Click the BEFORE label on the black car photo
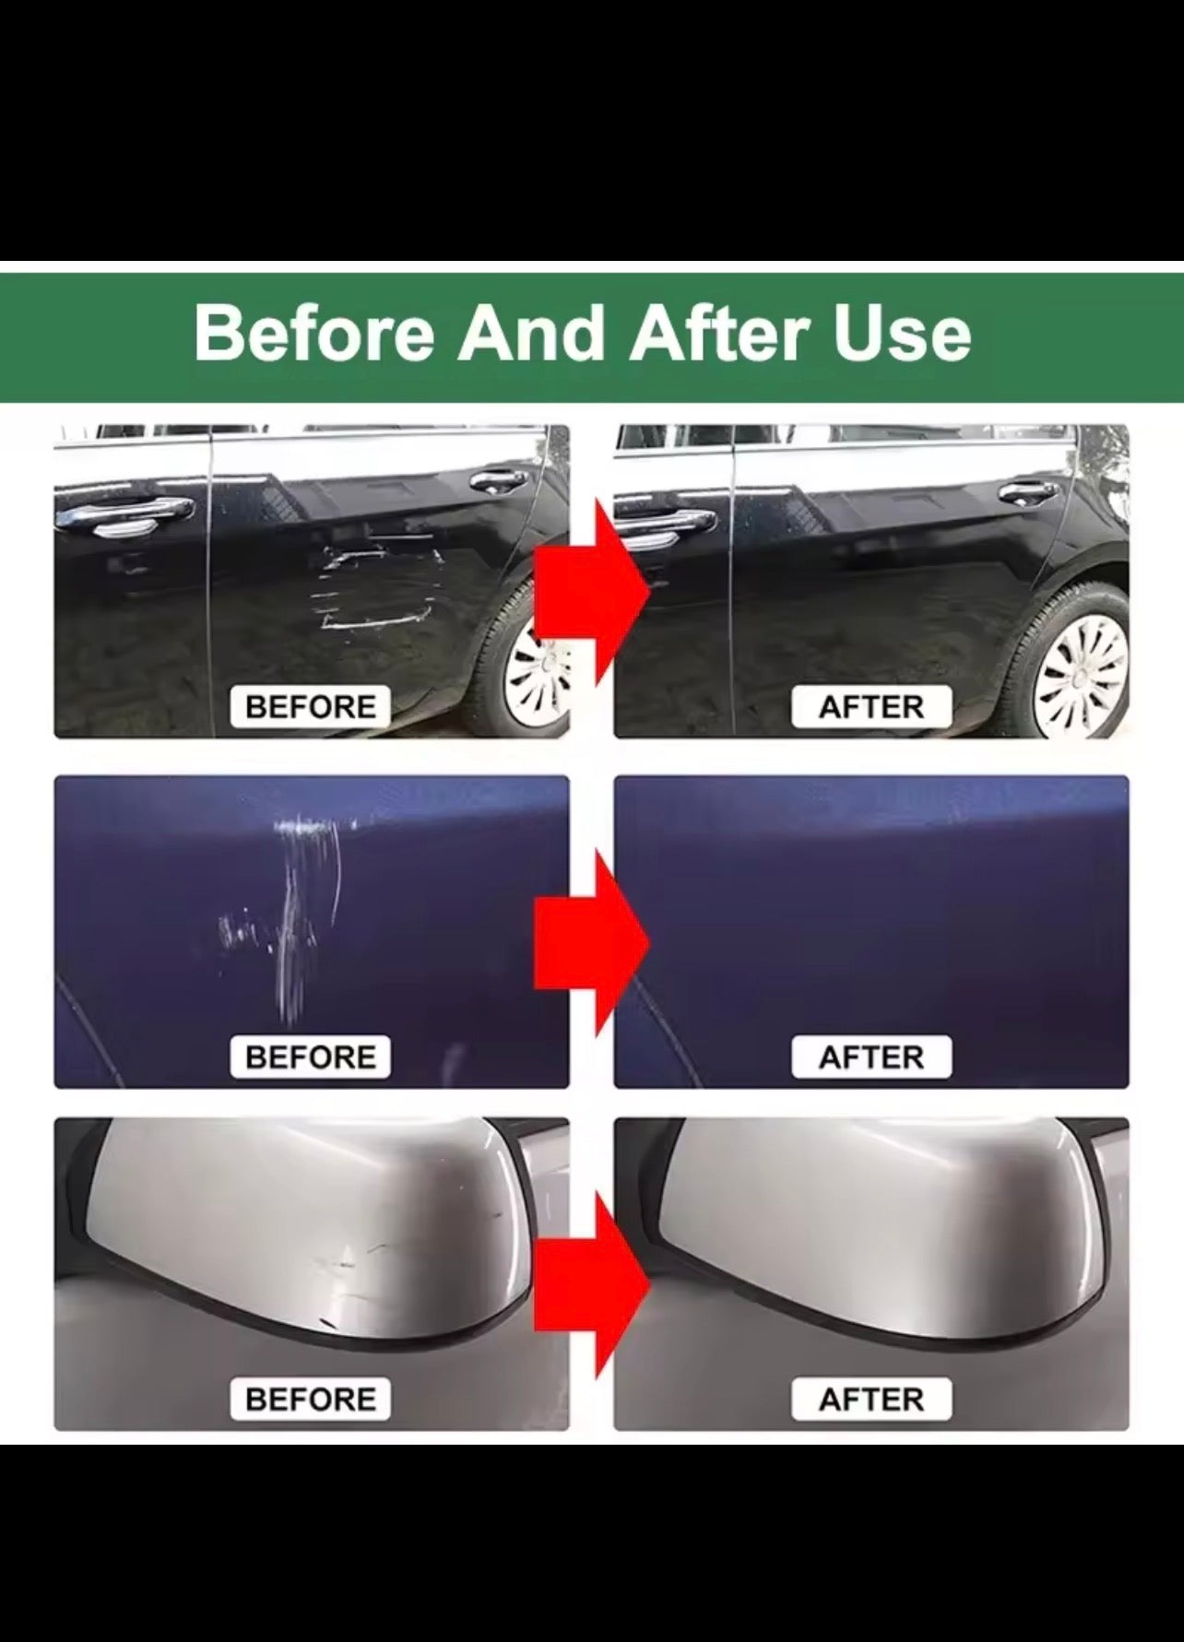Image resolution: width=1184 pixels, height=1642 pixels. (311, 707)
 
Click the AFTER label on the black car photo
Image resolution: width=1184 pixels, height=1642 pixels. (871, 707)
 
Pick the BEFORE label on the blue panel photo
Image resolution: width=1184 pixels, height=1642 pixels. (311, 1057)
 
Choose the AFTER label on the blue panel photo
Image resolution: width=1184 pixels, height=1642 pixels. (871, 1057)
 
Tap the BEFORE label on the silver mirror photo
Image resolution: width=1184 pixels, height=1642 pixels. (311, 1399)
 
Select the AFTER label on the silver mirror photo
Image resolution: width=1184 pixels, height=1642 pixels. (871, 1399)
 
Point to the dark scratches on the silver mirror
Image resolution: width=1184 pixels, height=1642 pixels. (369, 1258)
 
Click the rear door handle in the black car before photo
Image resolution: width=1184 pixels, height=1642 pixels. (498, 481)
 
